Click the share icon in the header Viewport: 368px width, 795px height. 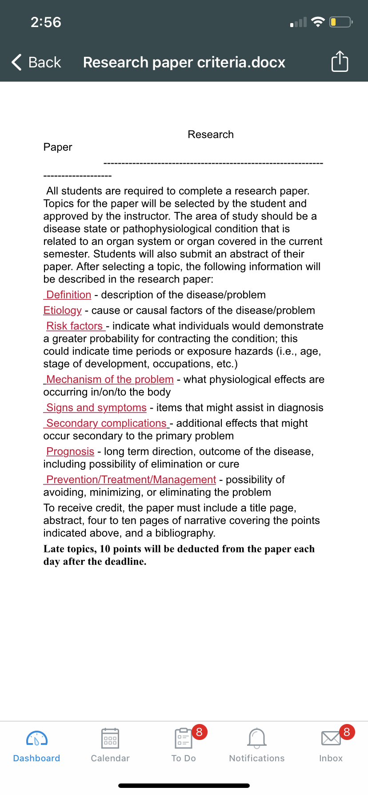point(340,61)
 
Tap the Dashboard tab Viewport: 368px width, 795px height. point(37,745)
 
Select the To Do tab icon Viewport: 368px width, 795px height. point(183,739)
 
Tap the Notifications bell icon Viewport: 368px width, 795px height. point(257,738)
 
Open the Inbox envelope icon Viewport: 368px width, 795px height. point(331,738)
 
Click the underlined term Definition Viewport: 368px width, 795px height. point(68,295)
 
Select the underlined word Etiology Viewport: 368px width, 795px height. point(63,311)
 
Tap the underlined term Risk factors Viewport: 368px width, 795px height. point(75,326)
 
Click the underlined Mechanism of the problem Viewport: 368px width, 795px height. point(110,380)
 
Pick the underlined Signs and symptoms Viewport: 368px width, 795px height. point(96,408)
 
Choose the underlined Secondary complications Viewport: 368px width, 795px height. point(106,423)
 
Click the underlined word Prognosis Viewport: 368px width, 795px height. point(70,452)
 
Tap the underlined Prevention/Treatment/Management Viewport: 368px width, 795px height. point(131,480)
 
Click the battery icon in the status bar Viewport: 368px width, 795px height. point(340,22)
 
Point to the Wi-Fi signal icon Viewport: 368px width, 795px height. point(318,22)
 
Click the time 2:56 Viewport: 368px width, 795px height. point(46,22)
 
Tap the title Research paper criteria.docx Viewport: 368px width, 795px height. point(184,62)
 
